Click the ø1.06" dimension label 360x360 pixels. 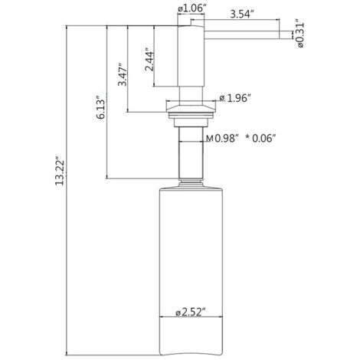point(191,8)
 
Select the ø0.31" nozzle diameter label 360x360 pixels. point(300,33)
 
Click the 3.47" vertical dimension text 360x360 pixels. point(123,74)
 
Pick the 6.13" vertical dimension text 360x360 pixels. point(101,107)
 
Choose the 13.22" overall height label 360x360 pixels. point(60,171)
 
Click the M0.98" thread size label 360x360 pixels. point(222,139)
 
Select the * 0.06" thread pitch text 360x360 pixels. point(260,139)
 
